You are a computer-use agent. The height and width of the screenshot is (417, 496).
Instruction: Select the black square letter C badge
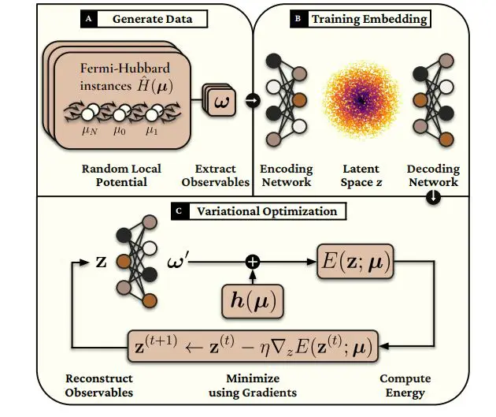[x=180, y=211]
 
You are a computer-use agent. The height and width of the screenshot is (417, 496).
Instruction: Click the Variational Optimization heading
[x=267, y=211]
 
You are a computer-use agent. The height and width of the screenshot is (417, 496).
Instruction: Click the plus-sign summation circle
[x=254, y=259]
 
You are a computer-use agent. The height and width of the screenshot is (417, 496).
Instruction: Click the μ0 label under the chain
[x=119, y=133]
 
